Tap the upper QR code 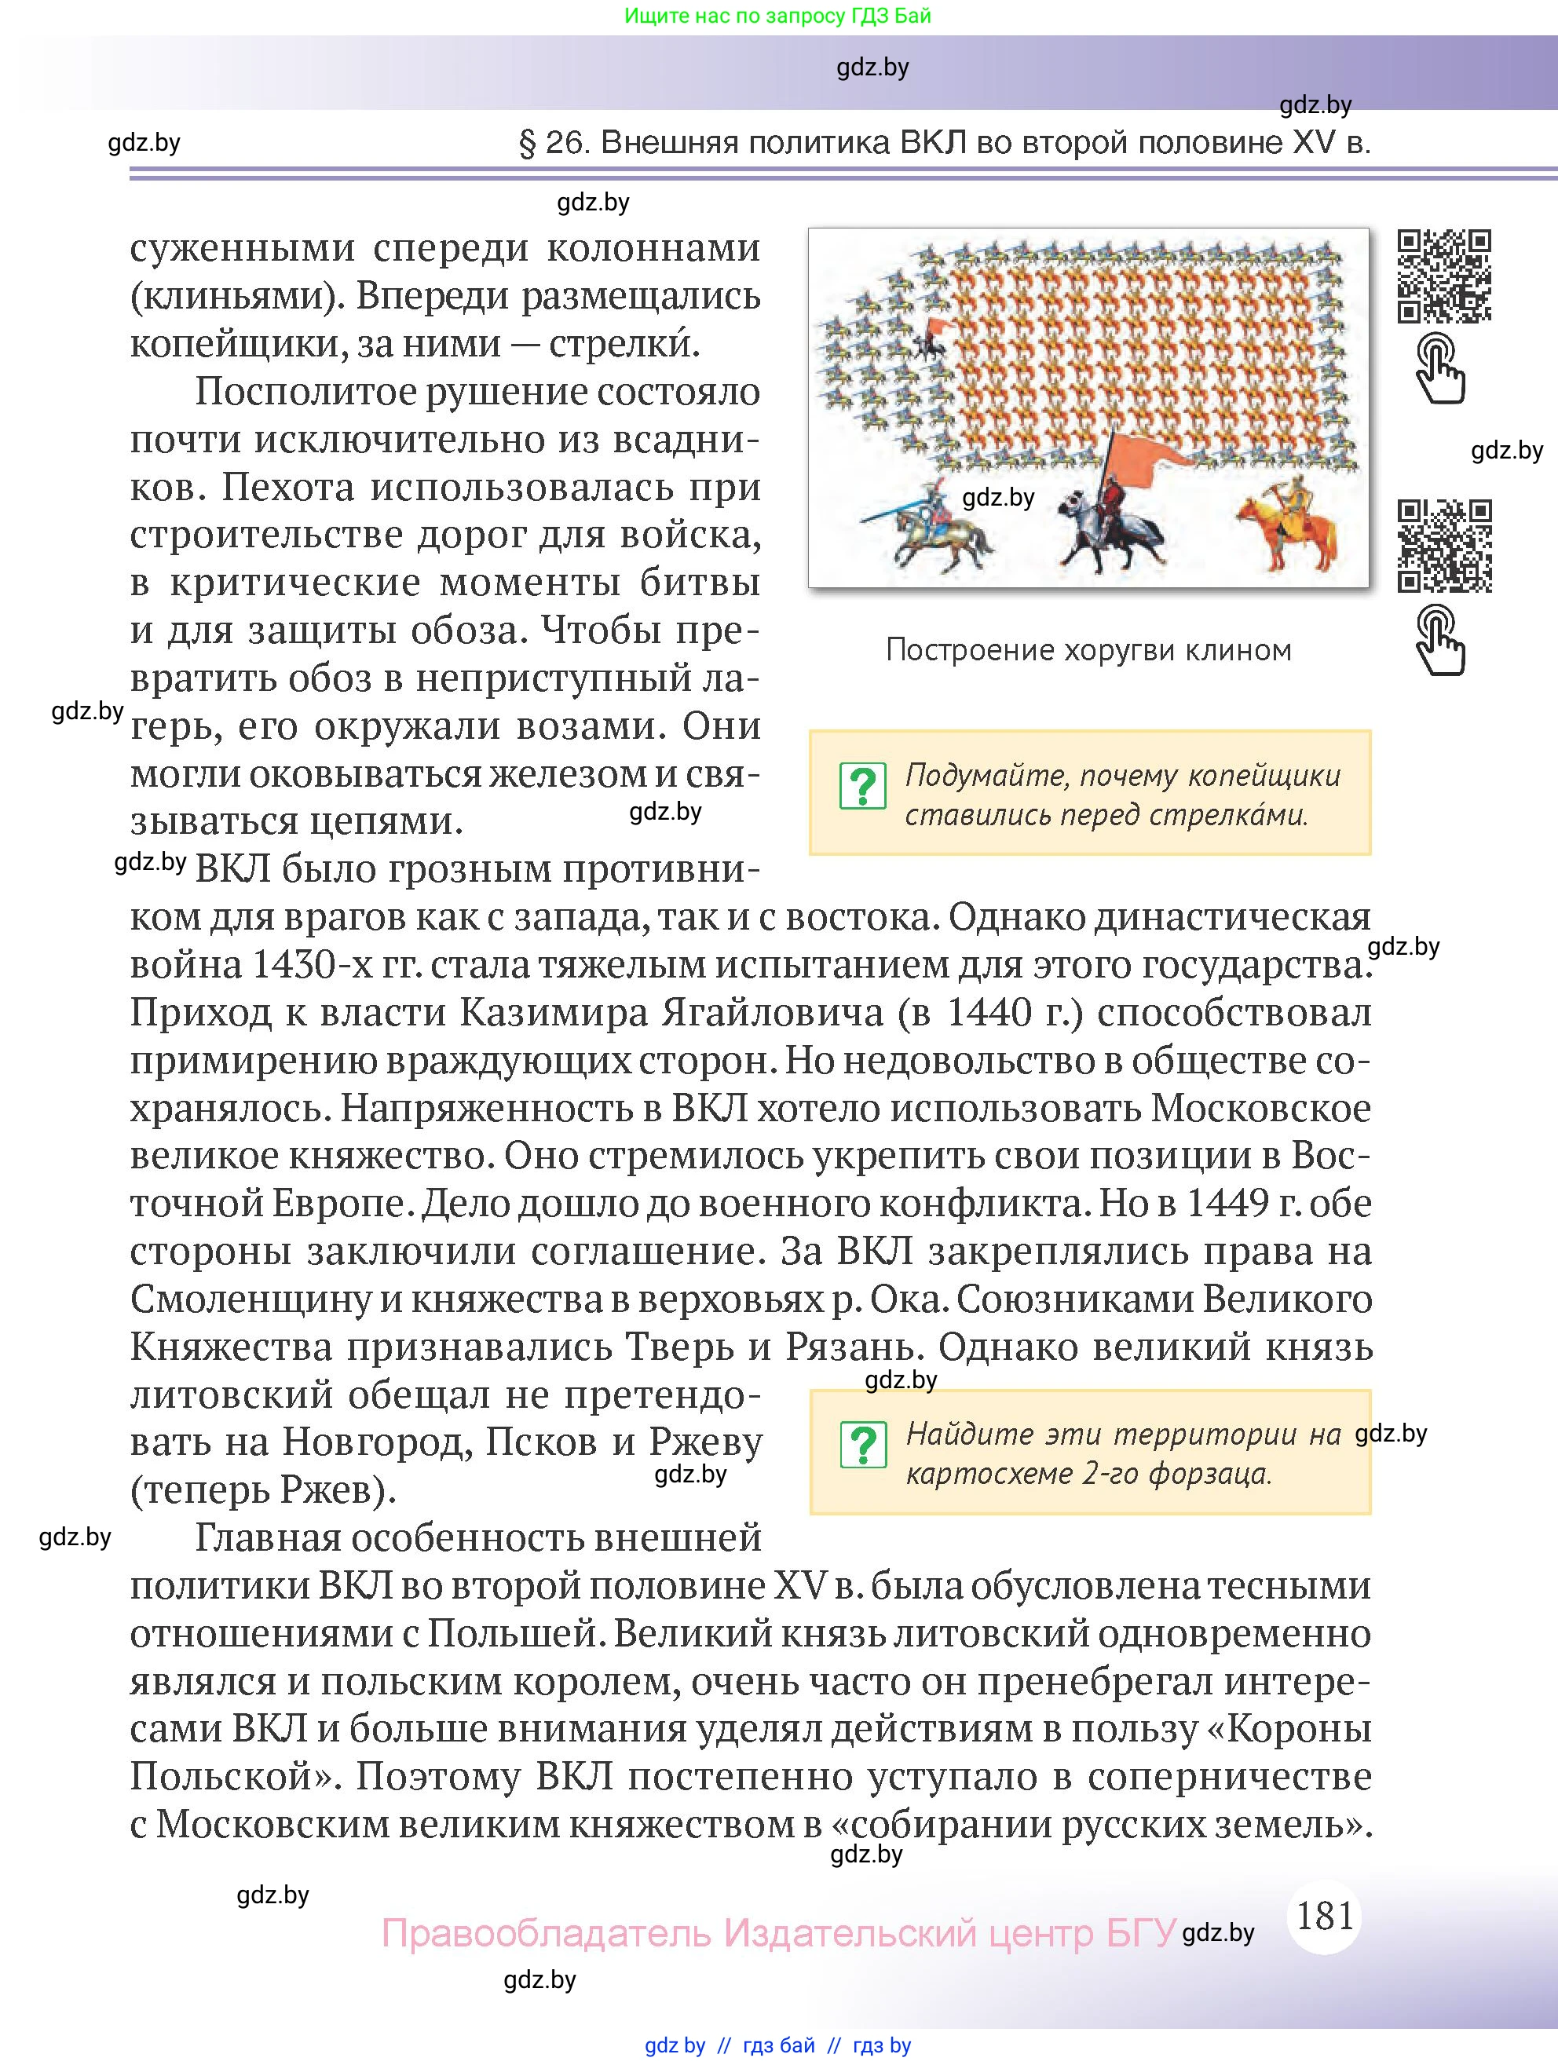pos(1443,276)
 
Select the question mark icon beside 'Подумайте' pos(862,786)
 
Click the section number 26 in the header pos(564,143)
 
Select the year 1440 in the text pos(989,1014)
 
